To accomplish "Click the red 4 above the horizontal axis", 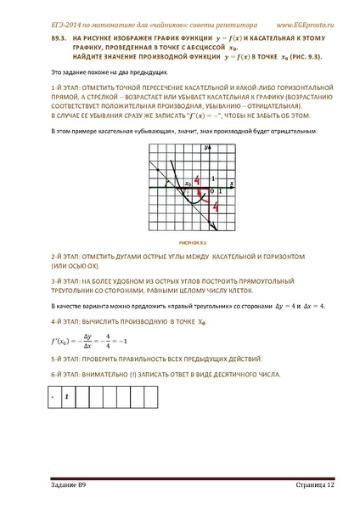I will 197,181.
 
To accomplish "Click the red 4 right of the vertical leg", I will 217,206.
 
